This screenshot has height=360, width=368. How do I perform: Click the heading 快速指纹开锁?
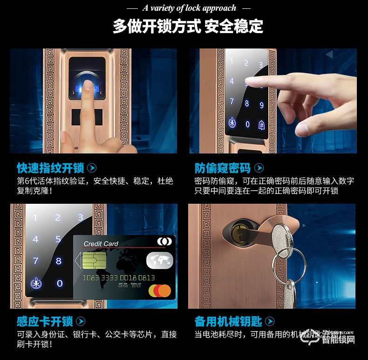(x=50, y=168)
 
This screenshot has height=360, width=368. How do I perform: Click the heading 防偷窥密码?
(x=222, y=168)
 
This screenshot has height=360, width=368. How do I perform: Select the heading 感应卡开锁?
(x=44, y=321)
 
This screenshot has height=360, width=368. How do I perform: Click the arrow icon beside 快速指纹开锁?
(x=92, y=168)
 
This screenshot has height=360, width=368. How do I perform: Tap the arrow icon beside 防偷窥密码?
(x=259, y=168)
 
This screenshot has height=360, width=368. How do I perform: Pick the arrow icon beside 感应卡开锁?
(x=81, y=321)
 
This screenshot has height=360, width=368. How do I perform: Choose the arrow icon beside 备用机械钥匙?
(x=269, y=321)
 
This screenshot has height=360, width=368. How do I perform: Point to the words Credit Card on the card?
(x=101, y=243)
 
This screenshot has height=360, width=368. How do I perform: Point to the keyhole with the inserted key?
(x=237, y=229)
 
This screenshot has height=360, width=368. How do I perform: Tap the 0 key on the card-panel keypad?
(x=60, y=283)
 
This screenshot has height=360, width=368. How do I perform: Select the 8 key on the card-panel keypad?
(x=59, y=261)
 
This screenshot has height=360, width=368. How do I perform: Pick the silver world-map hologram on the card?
(x=159, y=260)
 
